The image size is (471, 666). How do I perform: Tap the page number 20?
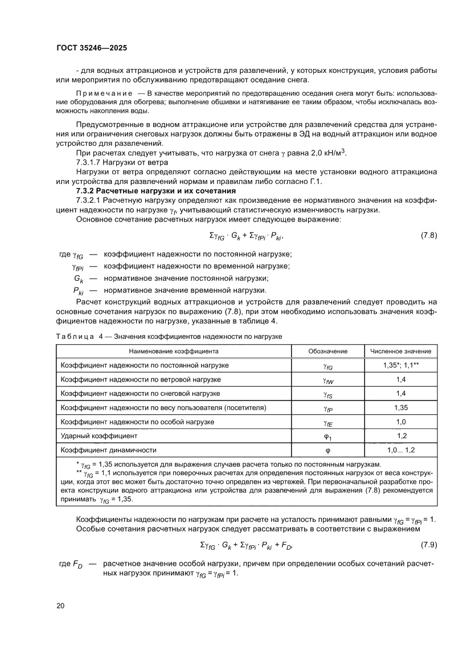[x=60, y=605]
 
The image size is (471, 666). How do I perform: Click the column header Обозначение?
[x=327, y=351]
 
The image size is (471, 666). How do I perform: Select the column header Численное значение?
[x=400, y=351]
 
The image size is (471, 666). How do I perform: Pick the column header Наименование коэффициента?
[x=173, y=351]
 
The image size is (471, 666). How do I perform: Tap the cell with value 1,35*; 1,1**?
[x=400, y=365]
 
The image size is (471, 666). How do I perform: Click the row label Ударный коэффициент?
[x=99, y=436]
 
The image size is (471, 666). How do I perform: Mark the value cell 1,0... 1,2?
[x=400, y=450]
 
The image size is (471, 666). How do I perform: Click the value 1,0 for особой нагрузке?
[x=400, y=422]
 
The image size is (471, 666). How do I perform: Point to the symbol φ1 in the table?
[x=327, y=436]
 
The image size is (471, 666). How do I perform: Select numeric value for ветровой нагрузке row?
[x=400, y=379]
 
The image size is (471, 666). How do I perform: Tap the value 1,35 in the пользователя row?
[x=400, y=407]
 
